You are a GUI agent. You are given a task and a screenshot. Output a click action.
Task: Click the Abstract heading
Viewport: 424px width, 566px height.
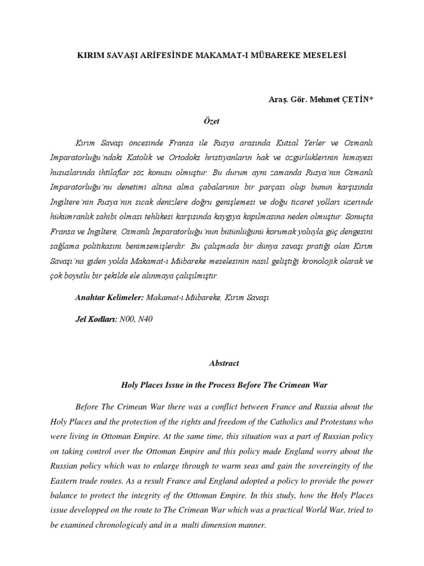(224, 364)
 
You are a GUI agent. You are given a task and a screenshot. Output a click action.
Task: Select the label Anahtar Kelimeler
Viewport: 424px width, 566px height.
(109, 297)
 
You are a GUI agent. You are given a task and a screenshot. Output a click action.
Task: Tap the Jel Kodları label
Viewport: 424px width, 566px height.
(96, 320)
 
